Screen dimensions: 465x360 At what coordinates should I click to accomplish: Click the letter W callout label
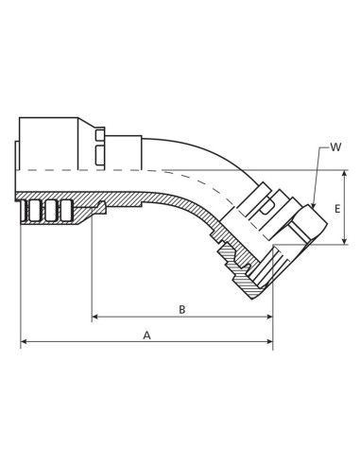click(x=335, y=147)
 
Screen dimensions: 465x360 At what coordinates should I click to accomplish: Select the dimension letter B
click(x=181, y=309)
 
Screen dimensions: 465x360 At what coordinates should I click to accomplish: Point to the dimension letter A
click(x=146, y=335)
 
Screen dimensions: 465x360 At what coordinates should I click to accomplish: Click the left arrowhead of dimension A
click(x=25, y=342)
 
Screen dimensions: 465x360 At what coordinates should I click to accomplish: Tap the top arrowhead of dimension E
click(x=348, y=174)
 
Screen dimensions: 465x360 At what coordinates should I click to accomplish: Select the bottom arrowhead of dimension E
click(x=348, y=240)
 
